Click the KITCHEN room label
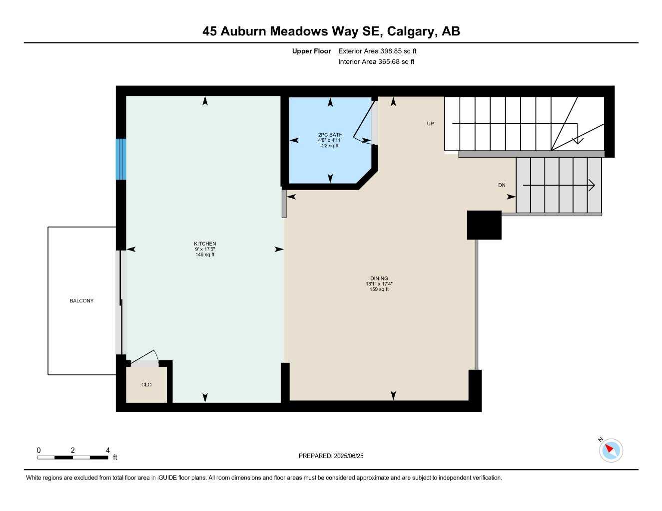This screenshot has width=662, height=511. pos(205,244)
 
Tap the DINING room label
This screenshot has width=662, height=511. pos(379,278)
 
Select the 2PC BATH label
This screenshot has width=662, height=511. pos(330,135)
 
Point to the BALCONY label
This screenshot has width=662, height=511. pos(81,301)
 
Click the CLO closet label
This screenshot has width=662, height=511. pos(146,385)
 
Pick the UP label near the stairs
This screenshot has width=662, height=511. pos(430,124)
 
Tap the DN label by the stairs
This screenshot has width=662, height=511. pos(502,185)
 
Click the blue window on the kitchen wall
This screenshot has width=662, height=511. pos(121,159)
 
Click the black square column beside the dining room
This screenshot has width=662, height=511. pos(484,225)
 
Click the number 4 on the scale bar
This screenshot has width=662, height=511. pos(107,450)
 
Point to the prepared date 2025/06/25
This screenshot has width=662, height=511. pos(349,456)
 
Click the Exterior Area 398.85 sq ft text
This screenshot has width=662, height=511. pos(377,51)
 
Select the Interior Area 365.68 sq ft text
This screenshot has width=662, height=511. pos(376,62)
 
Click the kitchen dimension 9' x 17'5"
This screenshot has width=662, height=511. pos(205,249)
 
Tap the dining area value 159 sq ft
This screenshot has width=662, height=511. pos(379,289)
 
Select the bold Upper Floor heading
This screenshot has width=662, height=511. pos(311,51)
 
